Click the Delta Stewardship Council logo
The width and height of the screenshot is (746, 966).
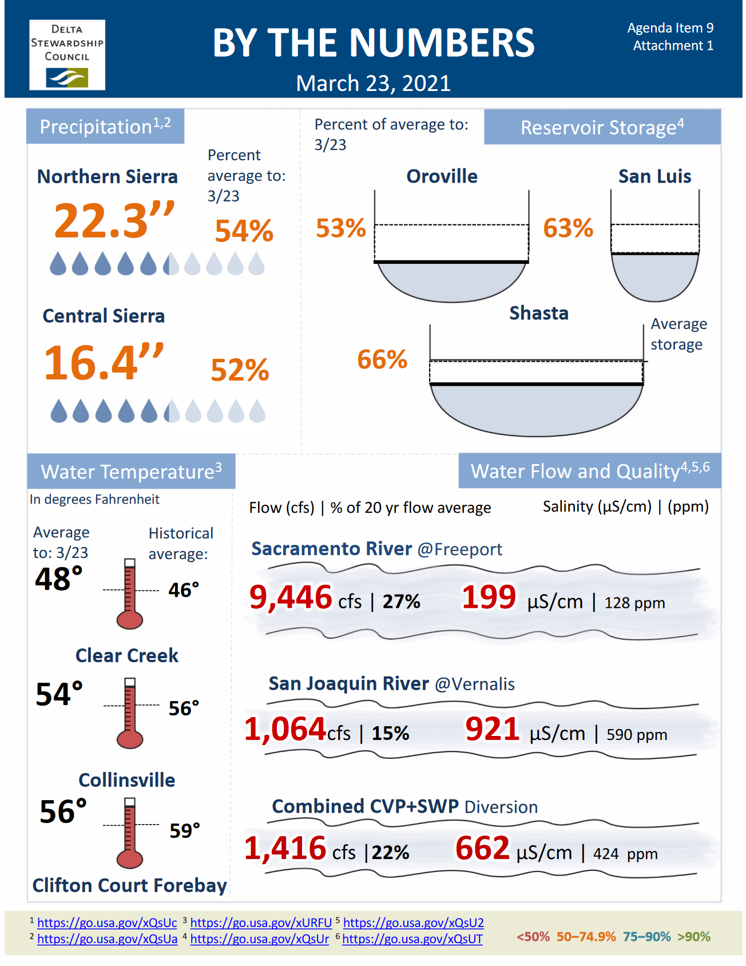click(x=67, y=55)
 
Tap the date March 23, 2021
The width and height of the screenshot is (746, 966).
click(x=373, y=84)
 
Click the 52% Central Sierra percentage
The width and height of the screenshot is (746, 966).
click(x=240, y=370)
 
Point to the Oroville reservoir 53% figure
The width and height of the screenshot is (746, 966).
click(x=341, y=228)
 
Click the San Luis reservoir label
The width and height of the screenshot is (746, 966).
click(x=654, y=176)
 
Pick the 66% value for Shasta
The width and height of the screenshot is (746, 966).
click(x=382, y=359)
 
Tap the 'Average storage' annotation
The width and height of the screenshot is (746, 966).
click(x=678, y=334)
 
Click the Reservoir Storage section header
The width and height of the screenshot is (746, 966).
click(x=602, y=127)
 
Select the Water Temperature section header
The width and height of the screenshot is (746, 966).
click(x=131, y=472)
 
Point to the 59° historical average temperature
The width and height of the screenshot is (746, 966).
click(x=185, y=830)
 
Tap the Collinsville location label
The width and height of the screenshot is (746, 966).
click(x=126, y=780)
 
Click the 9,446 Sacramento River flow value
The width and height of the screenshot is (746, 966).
click(x=291, y=597)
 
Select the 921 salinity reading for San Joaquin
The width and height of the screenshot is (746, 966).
click(x=492, y=729)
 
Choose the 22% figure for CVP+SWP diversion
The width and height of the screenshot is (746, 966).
click(x=391, y=852)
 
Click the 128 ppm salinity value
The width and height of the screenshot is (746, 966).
click(x=634, y=603)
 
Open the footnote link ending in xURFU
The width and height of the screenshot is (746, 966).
click(x=261, y=923)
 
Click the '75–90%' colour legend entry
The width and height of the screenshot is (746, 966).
click(x=646, y=936)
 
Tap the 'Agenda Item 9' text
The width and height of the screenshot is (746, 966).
click(x=670, y=28)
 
